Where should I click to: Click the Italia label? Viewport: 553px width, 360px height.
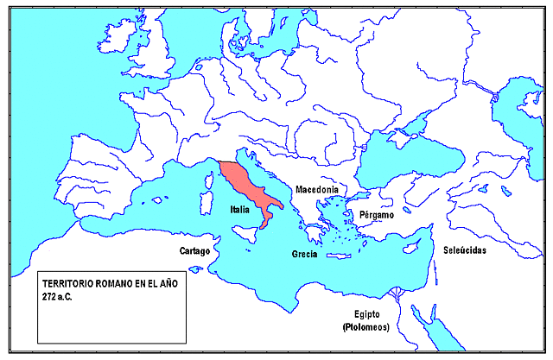(239, 210)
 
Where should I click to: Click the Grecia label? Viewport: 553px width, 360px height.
(304, 254)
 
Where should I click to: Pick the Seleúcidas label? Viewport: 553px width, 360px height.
(465, 249)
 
